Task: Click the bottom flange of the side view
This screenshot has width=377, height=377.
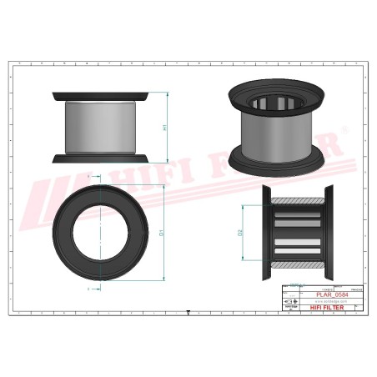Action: point(101,158)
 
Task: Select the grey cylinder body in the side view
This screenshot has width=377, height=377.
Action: point(101,127)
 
